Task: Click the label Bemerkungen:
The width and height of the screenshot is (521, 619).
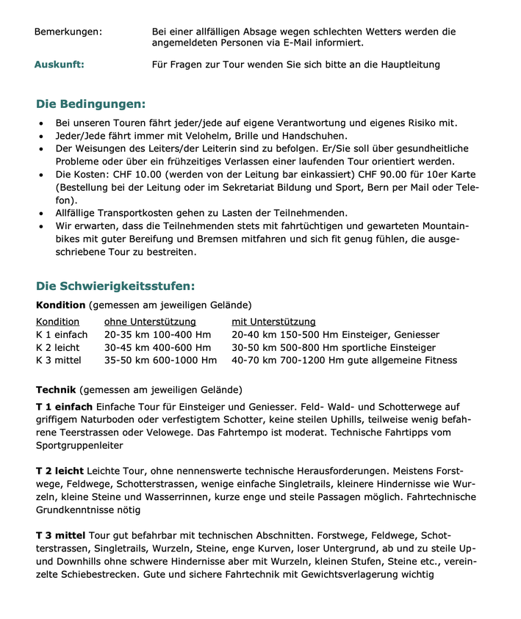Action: pos(68,32)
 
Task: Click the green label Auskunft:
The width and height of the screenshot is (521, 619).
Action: pos(59,65)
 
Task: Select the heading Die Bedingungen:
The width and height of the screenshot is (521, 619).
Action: pos(90,104)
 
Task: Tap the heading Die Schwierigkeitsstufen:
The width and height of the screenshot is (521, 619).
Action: pos(115,286)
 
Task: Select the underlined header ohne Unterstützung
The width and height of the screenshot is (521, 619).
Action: pos(150,322)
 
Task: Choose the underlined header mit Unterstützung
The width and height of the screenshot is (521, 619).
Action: pos(273,322)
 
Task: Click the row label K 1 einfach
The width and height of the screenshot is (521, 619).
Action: pos(62,335)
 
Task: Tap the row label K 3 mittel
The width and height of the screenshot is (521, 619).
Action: pos(59,360)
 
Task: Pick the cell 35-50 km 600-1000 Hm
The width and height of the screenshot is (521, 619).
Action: pos(160,360)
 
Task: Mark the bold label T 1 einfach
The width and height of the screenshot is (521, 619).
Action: pos(64,407)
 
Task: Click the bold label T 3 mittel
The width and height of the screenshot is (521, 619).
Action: pos(61,535)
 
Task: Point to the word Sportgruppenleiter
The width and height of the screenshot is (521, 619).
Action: pos(79,445)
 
